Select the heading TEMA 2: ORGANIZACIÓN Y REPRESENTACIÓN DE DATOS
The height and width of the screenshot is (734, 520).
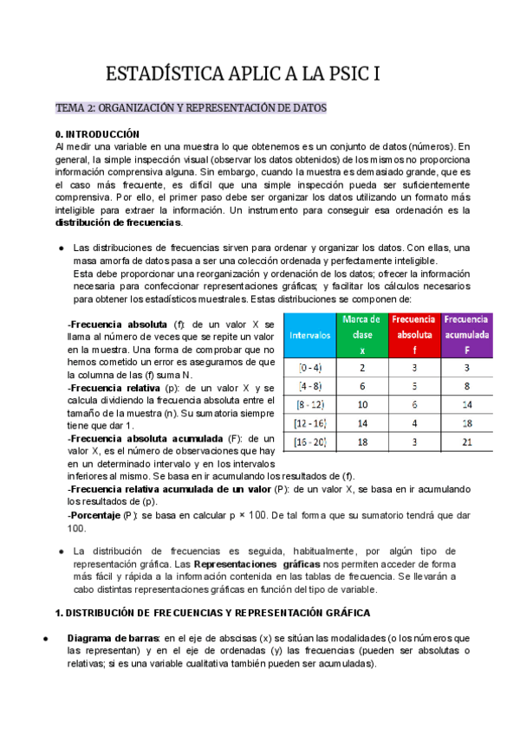click(x=191, y=108)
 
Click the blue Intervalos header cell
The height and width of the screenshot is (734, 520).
click(x=309, y=333)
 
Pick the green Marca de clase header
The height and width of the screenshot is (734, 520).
click(x=362, y=334)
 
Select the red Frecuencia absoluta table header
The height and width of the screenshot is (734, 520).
click(x=414, y=334)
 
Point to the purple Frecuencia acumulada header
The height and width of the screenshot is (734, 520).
click(x=466, y=334)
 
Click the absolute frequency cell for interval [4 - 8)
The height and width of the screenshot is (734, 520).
click(x=414, y=386)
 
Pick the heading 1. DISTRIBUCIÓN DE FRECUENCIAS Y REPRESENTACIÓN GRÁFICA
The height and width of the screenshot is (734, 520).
click(x=212, y=613)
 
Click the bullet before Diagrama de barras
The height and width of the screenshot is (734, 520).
click(x=44, y=639)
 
